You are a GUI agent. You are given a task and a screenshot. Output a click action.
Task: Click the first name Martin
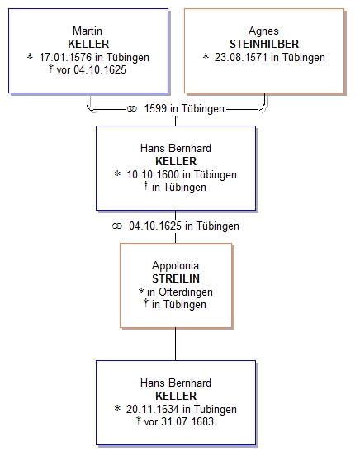(x=88, y=31)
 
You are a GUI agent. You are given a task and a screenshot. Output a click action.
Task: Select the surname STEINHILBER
(x=264, y=44)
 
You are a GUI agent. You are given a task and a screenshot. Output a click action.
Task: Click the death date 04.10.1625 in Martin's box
(x=100, y=70)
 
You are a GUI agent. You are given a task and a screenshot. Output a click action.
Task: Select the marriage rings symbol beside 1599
(x=132, y=109)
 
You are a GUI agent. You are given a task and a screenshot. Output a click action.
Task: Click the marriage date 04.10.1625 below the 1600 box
(x=155, y=226)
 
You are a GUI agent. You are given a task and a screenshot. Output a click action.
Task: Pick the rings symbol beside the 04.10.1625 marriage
(x=117, y=226)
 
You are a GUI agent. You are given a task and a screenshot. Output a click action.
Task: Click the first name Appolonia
(x=175, y=266)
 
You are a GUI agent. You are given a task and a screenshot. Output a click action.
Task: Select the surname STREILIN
(x=176, y=278)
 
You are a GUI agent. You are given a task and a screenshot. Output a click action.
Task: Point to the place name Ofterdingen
(x=186, y=292)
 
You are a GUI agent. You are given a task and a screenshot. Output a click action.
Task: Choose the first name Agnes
(x=263, y=31)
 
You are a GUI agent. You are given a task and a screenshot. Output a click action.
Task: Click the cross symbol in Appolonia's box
(x=146, y=303)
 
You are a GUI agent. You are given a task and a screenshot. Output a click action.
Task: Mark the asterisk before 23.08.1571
(x=206, y=56)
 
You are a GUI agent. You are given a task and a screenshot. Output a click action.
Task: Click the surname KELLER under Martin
(x=88, y=44)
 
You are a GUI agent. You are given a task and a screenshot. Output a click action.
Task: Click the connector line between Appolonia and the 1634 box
(x=176, y=344)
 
